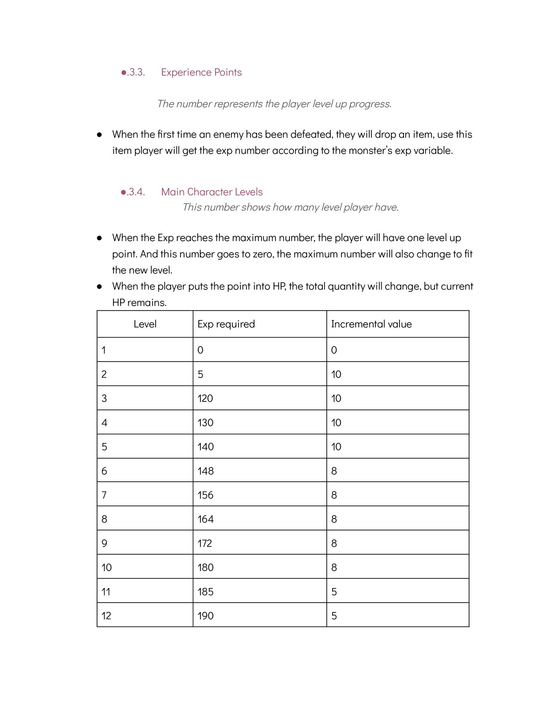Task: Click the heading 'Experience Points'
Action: point(201,72)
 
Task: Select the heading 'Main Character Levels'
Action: point(211,192)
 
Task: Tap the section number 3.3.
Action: point(135,72)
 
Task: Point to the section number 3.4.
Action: point(135,192)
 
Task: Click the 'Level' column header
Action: point(145,324)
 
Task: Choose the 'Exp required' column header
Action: point(226,324)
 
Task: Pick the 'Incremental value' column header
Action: point(371,324)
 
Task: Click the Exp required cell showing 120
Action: point(205,398)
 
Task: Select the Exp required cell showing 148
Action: point(206,471)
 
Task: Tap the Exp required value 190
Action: point(206,616)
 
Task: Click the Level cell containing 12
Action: point(106,616)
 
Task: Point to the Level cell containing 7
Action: point(104,495)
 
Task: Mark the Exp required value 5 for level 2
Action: point(200,374)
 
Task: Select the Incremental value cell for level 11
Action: point(334,592)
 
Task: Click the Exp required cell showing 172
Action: point(205,543)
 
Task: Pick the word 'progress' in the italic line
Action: point(370,104)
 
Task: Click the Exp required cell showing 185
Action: point(206,592)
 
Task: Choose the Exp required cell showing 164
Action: point(206,519)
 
